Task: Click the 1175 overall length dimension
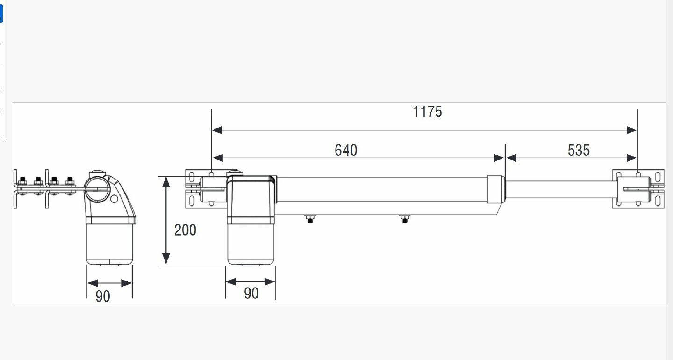click(427, 112)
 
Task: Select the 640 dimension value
click(346, 150)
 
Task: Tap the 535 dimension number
click(579, 150)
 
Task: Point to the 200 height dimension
click(185, 230)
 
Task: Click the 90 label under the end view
click(103, 296)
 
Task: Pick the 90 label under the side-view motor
click(251, 293)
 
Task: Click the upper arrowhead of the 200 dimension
click(166, 182)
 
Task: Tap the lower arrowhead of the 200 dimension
click(166, 259)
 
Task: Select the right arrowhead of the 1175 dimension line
click(632, 130)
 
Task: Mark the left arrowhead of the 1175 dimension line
click(217, 130)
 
